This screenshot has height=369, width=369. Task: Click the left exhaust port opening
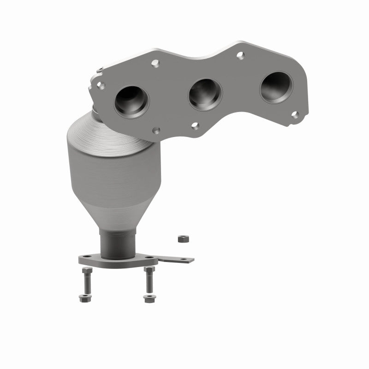[x=132, y=99]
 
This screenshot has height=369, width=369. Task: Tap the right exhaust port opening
[x=276, y=87]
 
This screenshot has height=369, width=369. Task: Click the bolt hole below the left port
[x=156, y=131]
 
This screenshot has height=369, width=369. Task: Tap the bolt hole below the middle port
[x=195, y=125]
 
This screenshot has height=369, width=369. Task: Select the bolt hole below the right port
[x=295, y=115]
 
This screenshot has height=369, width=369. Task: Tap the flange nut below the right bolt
[x=148, y=298]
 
